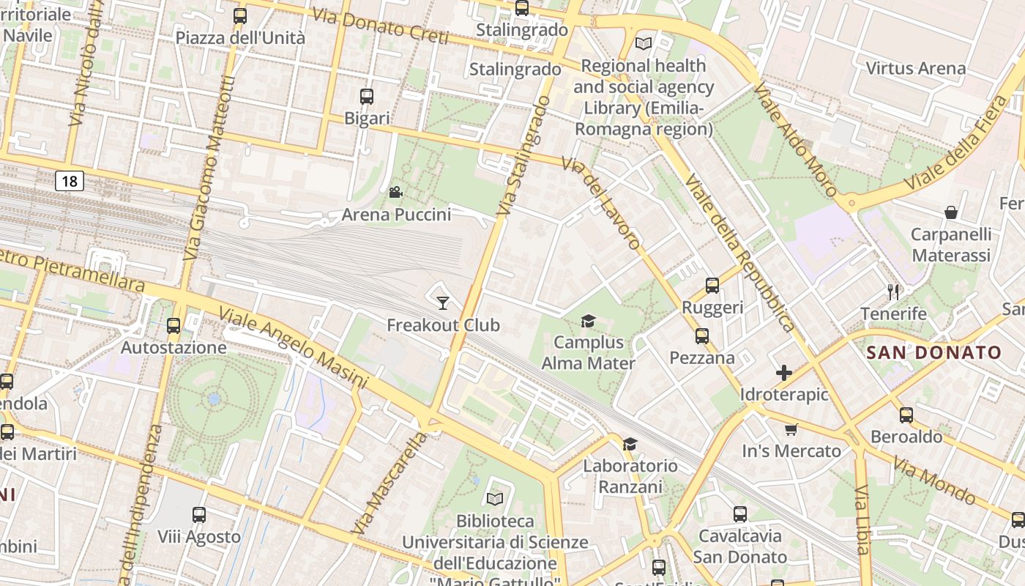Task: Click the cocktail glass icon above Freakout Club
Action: tap(443, 303)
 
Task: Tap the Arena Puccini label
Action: tap(396, 215)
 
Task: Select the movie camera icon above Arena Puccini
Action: tap(395, 193)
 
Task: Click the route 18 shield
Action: tap(70, 181)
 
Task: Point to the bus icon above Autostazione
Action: tap(174, 325)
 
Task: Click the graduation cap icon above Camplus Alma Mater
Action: tap(588, 321)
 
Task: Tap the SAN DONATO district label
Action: tap(933, 352)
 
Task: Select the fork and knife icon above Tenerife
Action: tap(893, 292)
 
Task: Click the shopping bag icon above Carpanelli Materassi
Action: tap(951, 212)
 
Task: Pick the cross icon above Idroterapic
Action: tap(784, 373)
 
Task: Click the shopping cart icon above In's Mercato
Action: tap(791, 429)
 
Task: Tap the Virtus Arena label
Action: tap(915, 69)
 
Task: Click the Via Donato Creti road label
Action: tap(379, 26)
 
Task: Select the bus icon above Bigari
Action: tap(367, 96)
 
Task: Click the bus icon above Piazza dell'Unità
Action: tap(240, 15)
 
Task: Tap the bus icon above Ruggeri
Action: tap(712, 286)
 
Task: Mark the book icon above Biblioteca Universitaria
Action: tap(495, 499)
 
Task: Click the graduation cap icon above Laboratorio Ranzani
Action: tap(630, 444)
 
